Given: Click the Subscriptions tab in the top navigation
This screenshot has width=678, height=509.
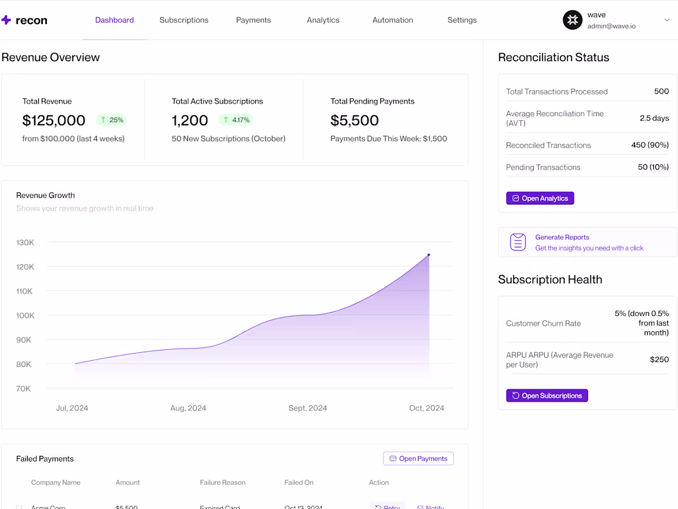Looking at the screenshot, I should point(184,20).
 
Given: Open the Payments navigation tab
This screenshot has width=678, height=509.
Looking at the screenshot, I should point(253,20).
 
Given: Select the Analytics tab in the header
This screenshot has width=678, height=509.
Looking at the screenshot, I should point(323,20).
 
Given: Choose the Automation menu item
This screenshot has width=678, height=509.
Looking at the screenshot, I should point(393,20).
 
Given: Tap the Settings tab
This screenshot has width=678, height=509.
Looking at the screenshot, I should point(462,20).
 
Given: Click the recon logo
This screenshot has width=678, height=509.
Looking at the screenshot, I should point(25,20).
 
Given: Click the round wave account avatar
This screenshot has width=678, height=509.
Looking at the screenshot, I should point(573,20).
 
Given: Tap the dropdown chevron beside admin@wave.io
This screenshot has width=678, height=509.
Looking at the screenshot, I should point(666,20).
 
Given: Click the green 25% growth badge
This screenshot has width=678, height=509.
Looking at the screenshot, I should point(112,120).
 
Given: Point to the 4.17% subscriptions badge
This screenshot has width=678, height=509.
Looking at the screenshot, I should point(235,120).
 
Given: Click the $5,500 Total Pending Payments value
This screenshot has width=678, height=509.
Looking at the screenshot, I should point(354,120).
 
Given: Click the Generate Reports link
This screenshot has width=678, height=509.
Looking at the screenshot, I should point(562,237).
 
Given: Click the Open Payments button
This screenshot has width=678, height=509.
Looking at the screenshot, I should point(419,458).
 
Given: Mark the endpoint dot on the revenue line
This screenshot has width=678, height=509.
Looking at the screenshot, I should point(429,255).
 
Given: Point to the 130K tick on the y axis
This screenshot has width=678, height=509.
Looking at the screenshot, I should point(25,242).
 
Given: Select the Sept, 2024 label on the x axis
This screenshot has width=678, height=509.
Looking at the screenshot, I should point(308,408).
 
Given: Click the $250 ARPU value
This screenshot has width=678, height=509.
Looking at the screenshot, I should point(659,360).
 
